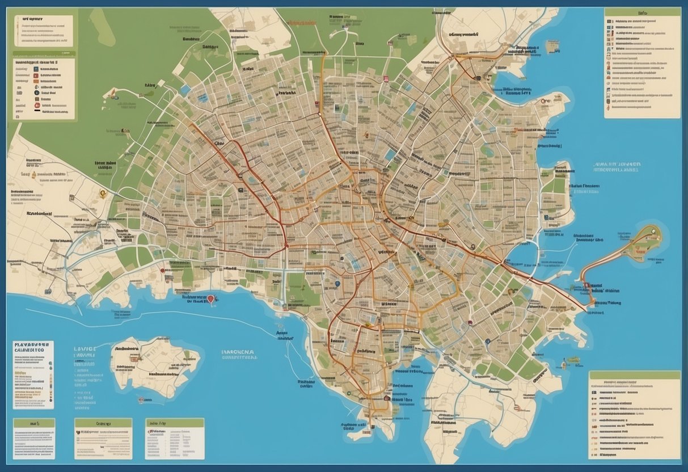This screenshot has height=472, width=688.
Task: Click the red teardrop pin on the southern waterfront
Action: (211, 298)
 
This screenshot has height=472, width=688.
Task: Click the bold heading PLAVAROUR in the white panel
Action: (33, 344)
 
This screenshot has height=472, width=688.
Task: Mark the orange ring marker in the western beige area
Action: (103, 193)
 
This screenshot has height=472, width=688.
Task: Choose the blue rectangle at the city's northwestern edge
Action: (185, 90)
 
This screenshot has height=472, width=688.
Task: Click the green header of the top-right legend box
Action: (642, 11)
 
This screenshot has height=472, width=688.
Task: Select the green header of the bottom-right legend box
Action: (634, 375)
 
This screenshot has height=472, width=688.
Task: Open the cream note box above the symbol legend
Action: (44, 31)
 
